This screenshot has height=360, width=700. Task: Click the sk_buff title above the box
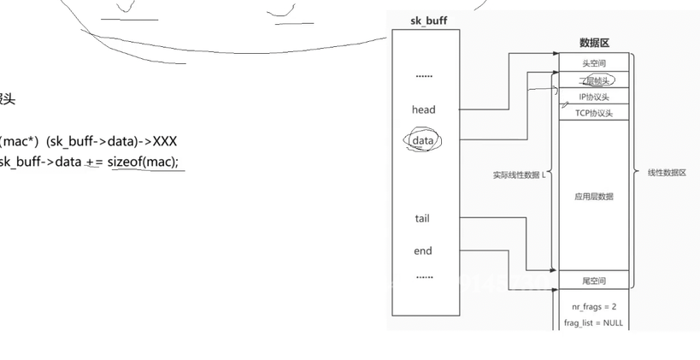click(425, 20)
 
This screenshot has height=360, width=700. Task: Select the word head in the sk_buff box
click(423, 109)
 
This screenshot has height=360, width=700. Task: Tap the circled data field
click(423, 139)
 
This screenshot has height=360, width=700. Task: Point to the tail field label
click(422, 218)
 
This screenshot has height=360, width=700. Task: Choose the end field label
click(423, 251)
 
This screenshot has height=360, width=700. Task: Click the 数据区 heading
click(594, 43)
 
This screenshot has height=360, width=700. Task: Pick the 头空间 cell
click(594, 63)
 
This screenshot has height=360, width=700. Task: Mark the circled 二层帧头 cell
click(594, 80)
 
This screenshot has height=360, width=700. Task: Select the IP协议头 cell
click(594, 97)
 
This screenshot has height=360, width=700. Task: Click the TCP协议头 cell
click(594, 113)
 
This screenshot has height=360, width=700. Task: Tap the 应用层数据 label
click(594, 197)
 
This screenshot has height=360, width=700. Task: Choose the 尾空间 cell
click(594, 280)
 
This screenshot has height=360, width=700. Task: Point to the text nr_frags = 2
click(594, 306)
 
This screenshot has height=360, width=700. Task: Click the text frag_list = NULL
click(594, 323)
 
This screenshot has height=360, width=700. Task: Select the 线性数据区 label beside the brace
click(667, 173)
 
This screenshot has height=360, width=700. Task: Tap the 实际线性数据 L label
click(518, 175)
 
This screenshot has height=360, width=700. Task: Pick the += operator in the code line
click(94, 162)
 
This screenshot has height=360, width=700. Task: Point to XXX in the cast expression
click(164, 141)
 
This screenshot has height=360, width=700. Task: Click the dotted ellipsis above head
click(424, 76)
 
